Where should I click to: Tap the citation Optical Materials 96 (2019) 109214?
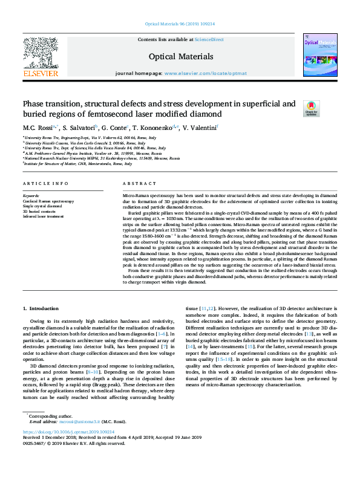[180, 24]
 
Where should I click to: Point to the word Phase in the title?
[34, 104]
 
